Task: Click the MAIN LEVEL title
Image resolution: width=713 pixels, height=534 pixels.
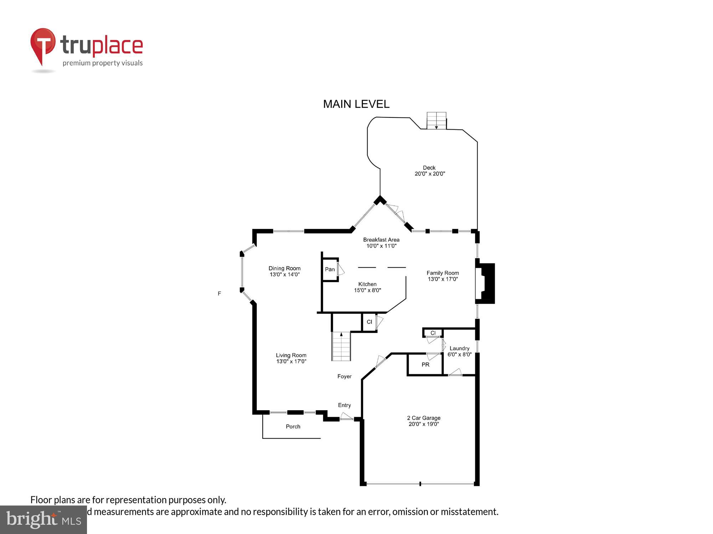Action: pos(356,104)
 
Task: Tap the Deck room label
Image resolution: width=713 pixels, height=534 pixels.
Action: pos(430,171)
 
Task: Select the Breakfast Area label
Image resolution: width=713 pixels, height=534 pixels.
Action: pos(381,242)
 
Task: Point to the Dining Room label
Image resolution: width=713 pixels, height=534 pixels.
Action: pos(284,271)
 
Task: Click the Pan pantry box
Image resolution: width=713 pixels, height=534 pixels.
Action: pos(330,269)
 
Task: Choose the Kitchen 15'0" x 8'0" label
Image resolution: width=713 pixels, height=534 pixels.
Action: pos(367,287)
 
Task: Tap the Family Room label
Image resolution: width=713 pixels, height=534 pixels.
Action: pos(442,276)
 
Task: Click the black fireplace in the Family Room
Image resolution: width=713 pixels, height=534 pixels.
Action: pos(487,283)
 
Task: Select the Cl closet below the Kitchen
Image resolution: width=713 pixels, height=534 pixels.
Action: pos(369,322)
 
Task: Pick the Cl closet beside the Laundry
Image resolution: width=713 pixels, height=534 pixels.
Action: pos(433,333)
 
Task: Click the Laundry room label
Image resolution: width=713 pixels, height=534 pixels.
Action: pos(459,351)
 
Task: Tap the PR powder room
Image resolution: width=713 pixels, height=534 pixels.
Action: pos(425,365)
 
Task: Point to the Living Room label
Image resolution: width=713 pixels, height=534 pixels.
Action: pos(291,358)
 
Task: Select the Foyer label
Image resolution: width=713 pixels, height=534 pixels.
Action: pos(344,376)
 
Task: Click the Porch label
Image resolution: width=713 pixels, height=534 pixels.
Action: pos(293,426)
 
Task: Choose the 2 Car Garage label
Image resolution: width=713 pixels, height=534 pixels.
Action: pos(424,421)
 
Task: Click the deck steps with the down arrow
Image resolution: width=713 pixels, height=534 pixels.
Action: pos(436,121)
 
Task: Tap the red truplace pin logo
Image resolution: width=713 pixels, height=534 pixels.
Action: pos(43,44)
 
